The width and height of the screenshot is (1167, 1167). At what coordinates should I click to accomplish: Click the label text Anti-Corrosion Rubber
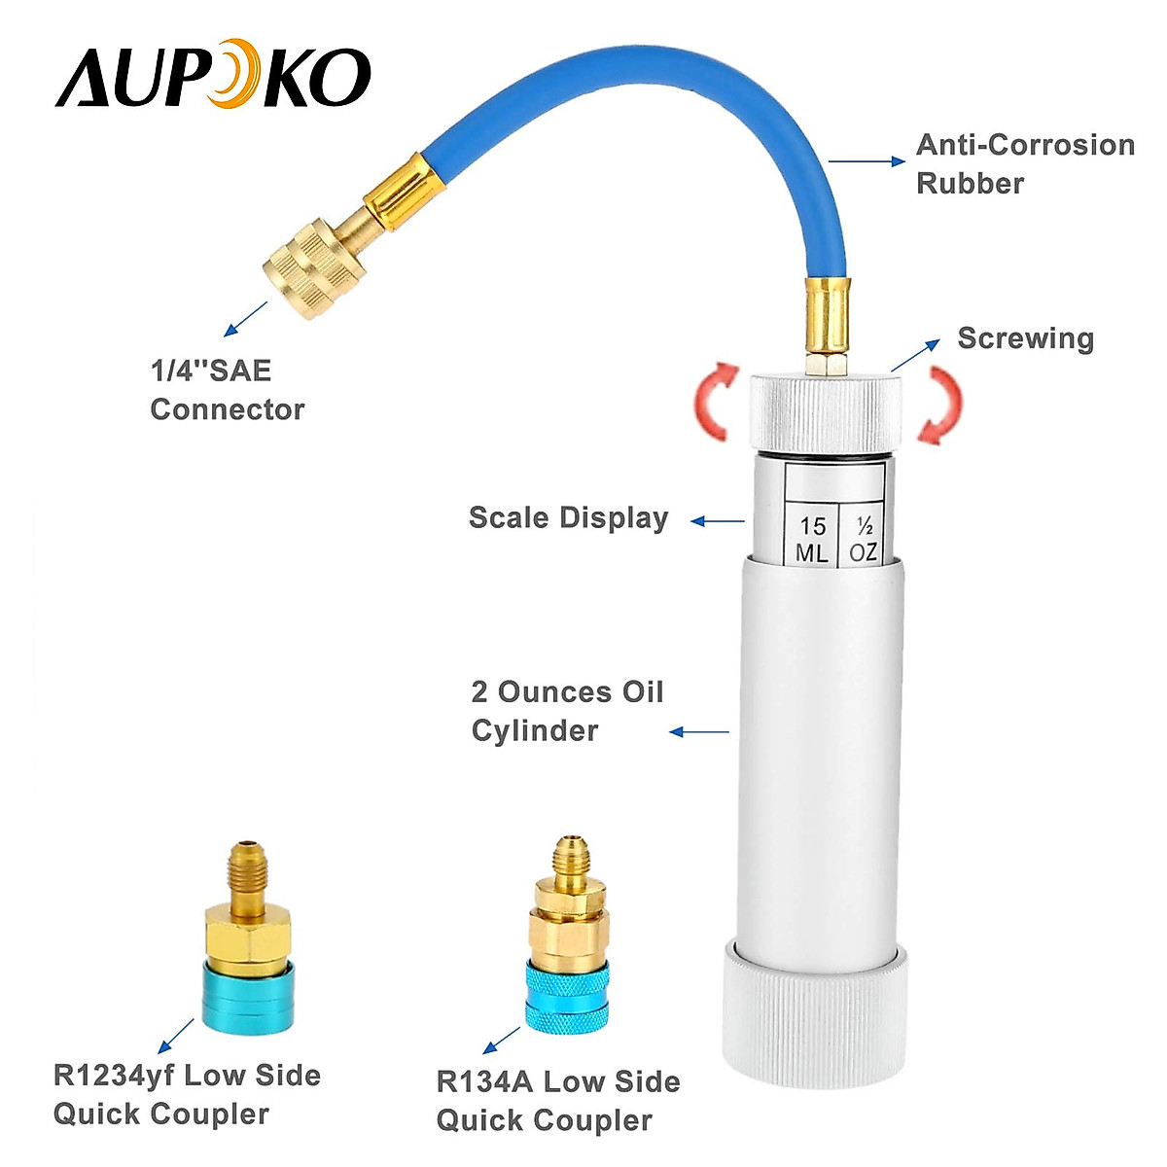pos(1024,163)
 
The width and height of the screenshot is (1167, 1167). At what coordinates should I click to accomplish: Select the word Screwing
pos(1025,338)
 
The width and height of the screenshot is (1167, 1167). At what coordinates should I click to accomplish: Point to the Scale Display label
pos(568,517)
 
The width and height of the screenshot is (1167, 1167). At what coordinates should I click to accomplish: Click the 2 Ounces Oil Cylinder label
pos(567,711)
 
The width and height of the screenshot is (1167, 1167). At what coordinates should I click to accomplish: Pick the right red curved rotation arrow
pos(940,404)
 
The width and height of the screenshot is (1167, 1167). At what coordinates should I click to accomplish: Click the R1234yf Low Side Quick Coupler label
pos(187,1094)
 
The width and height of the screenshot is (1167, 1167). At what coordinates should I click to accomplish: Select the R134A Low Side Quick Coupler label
pos(557,1100)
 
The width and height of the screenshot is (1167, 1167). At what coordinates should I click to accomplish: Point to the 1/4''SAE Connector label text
pos(227,390)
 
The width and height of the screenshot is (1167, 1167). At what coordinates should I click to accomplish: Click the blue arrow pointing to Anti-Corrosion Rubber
pos(866,162)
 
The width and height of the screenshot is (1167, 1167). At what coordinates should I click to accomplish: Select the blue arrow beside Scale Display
pos(718,522)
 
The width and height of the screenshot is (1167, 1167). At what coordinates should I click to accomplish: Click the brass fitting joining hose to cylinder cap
pos(825,321)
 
